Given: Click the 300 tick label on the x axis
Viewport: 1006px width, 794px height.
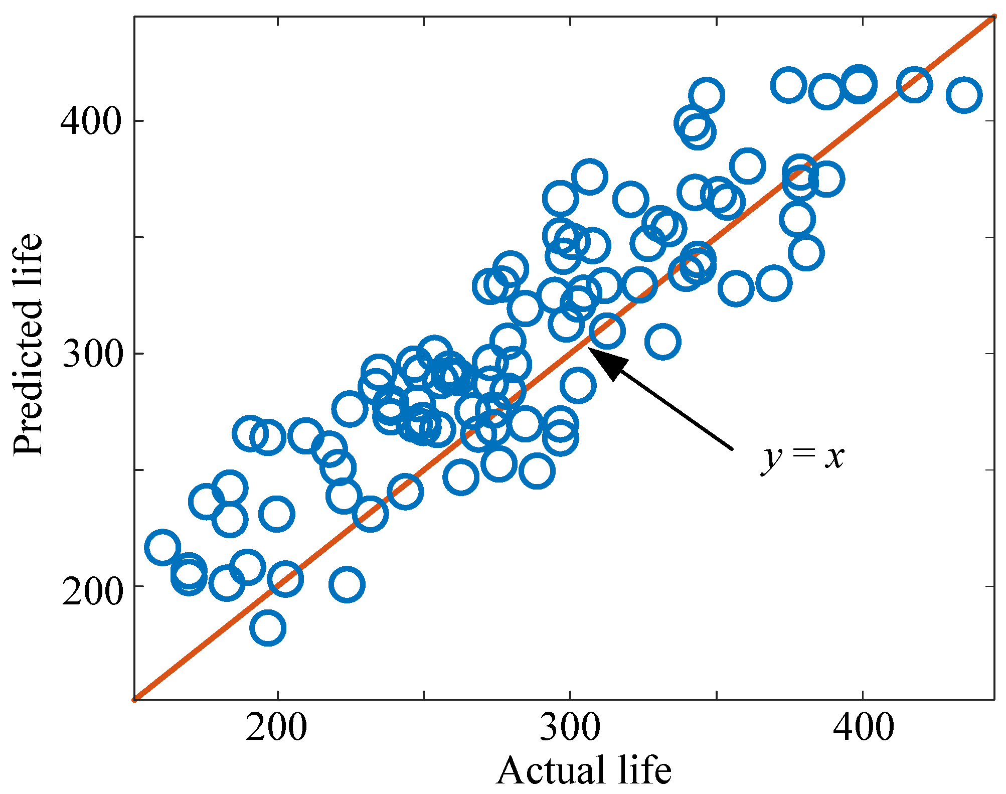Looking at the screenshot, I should [x=570, y=728].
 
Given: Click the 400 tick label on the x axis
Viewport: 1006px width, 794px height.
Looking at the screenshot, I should [x=863, y=728].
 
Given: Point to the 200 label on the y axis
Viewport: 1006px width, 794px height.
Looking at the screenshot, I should [x=92, y=586].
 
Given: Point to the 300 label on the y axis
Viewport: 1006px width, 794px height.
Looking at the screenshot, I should [x=92, y=354].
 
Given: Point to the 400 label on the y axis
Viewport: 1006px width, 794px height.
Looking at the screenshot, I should [x=92, y=121].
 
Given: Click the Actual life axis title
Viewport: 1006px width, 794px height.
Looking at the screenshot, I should [x=584, y=770].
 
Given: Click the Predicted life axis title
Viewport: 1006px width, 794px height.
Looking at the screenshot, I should [x=28, y=345].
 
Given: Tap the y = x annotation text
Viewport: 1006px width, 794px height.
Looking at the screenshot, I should [x=802, y=457].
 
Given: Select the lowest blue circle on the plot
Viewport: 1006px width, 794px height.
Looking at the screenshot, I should [x=268, y=628].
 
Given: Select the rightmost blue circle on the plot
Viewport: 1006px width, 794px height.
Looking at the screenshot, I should [x=963, y=95].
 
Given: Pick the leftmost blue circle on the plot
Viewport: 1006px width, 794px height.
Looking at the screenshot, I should [x=162, y=547].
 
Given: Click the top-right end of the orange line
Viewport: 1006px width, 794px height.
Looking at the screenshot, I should [x=994, y=18].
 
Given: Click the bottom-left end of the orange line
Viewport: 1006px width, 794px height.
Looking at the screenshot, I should [x=135, y=699].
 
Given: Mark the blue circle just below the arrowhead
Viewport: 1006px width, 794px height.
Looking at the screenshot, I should [x=578, y=385].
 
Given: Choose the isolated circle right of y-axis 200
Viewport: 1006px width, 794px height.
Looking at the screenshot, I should [x=347, y=584].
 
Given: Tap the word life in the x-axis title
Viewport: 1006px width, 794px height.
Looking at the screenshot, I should [x=644, y=770].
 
